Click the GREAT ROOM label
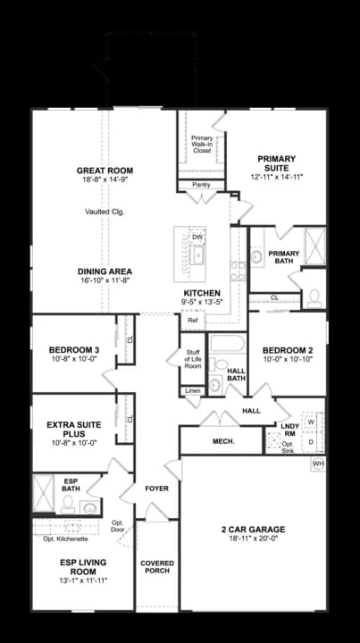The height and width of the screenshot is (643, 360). click(105, 170)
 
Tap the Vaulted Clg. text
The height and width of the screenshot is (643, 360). click(105, 212)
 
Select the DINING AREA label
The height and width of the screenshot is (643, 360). click(105, 271)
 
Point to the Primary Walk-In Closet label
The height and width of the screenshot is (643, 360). click(203, 144)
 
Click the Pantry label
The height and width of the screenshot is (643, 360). click(203, 187)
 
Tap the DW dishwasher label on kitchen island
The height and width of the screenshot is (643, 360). click(197, 237)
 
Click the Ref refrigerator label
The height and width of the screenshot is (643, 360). click(192, 319)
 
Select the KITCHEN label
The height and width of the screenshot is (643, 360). click(202, 293)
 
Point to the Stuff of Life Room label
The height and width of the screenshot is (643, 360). click(192, 360)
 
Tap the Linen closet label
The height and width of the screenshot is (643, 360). click(192, 391)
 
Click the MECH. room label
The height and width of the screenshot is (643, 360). click(222, 441)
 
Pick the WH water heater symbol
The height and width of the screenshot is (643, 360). click(318, 463)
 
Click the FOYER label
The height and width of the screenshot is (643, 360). click(156, 489)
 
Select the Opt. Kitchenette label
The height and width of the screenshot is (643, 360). click(64, 539)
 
